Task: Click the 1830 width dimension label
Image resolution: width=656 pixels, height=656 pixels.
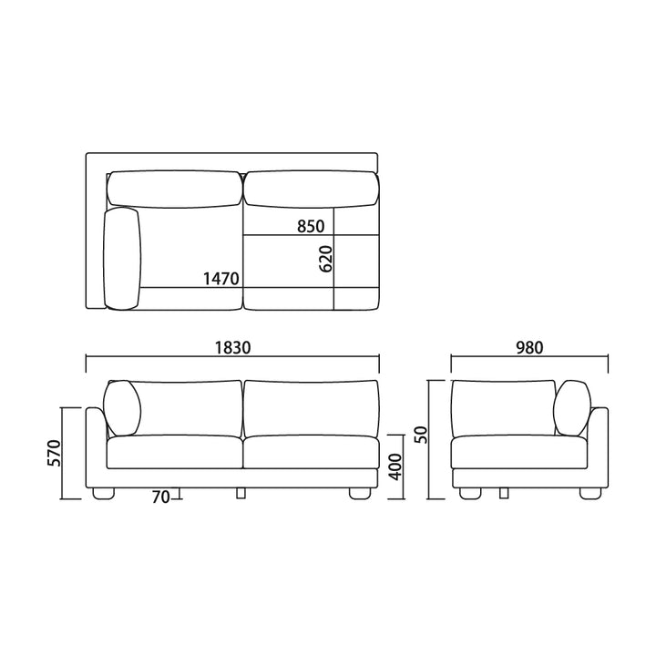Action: tap(232, 348)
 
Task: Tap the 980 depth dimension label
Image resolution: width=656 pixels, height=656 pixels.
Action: tap(529, 348)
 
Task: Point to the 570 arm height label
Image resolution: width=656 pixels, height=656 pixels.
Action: tap(55, 453)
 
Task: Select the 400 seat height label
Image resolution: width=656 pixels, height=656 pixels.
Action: tap(395, 466)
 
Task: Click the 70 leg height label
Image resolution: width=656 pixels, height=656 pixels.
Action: tap(160, 497)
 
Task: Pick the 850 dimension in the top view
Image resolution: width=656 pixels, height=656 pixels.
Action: tap(311, 226)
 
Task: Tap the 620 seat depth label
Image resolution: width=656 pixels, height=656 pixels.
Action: tap(325, 259)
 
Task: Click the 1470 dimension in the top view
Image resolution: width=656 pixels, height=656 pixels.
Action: tap(220, 279)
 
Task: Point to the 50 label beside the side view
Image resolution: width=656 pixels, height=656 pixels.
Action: tap(421, 435)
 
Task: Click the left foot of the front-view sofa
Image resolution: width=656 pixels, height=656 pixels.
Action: tap(103, 494)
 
